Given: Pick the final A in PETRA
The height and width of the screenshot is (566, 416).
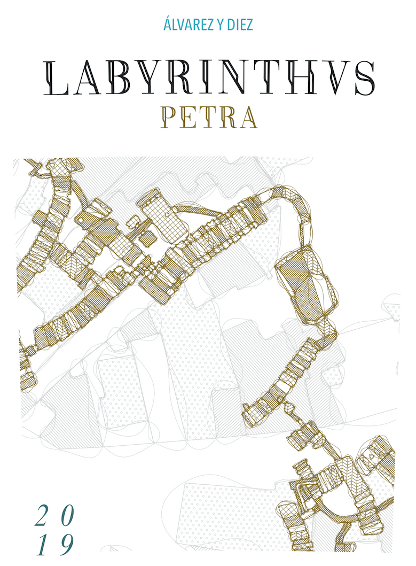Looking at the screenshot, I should (247, 118).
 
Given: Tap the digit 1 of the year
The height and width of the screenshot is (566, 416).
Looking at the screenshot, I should (43, 546).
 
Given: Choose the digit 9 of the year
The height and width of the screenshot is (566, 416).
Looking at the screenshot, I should (65, 546).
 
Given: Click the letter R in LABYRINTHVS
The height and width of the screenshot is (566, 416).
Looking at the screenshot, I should (182, 79).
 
